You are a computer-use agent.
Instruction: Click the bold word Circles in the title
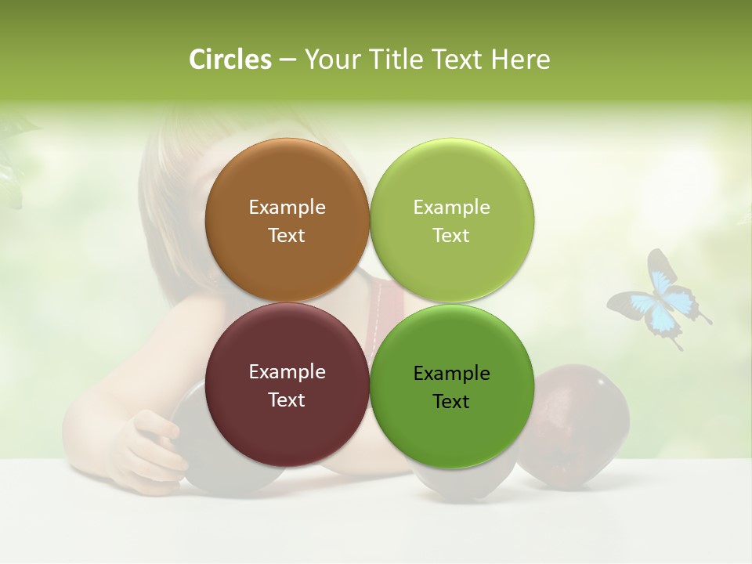[230, 60]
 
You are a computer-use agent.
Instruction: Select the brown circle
[287, 220]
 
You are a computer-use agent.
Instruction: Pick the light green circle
[452, 220]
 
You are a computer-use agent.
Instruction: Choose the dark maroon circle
[287, 385]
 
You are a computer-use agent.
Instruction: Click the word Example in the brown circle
[287, 207]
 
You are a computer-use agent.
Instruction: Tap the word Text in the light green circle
[451, 235]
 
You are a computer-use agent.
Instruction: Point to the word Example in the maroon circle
[287, 371]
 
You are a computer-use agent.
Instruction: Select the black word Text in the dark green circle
[451, 401]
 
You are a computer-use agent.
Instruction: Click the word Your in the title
[332, 60]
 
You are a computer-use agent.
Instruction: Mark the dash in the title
[287, 60]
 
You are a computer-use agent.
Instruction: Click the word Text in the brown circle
[287, 235]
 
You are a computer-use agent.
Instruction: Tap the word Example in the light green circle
[451, 207]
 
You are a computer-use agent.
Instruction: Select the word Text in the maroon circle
[287, 399]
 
